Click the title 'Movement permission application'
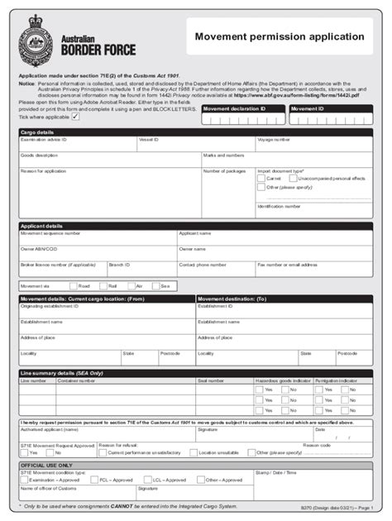279,37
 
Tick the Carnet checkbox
261,178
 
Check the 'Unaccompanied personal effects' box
293,178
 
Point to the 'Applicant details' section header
41,225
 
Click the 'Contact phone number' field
215,270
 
